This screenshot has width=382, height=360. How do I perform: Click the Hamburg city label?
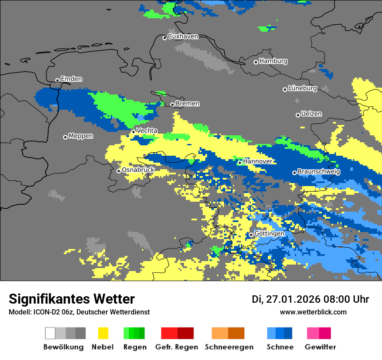point(273,61)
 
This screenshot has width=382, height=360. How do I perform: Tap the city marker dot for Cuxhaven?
point(165,38)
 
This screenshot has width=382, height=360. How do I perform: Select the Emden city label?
point(71,79)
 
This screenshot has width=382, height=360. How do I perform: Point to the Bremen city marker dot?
point(172,105)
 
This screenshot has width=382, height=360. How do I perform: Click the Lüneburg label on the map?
point(303,88)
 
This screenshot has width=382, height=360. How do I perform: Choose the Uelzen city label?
point(311,114)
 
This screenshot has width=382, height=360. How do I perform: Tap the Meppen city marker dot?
point(66,137)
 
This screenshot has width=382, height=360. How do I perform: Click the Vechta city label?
point(147,131)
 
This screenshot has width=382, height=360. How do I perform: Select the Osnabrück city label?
point(138,170)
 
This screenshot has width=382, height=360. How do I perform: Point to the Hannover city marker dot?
point(240,163)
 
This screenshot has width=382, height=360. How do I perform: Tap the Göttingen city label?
point(269,234)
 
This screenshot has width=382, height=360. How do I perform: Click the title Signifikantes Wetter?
point(72,299)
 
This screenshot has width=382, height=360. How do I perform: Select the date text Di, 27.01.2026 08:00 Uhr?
point(310,299)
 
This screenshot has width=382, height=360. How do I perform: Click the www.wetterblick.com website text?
point(313,312)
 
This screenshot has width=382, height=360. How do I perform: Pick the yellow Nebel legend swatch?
point(103,333)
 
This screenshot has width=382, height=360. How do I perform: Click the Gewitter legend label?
point(320,347)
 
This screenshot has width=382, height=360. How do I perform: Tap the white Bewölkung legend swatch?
point(50,333)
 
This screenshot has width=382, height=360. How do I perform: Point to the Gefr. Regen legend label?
point(177,347)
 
